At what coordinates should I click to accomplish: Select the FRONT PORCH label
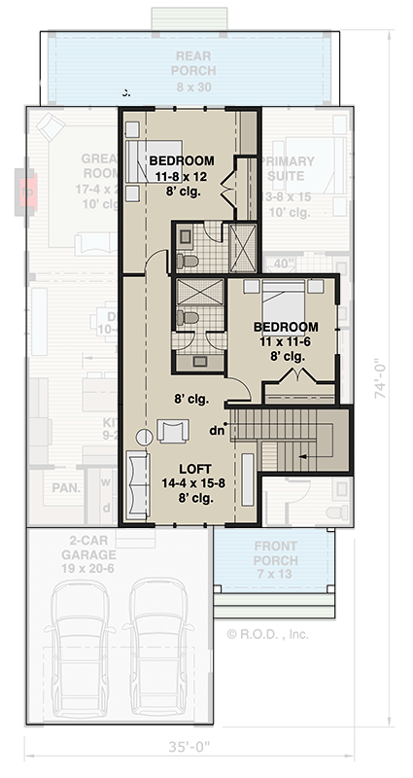tap(276, 553)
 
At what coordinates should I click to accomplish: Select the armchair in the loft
tap(172, 431)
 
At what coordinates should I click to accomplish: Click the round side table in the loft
tap(144, 437)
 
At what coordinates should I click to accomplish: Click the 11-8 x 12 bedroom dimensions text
tap(180, 177)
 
